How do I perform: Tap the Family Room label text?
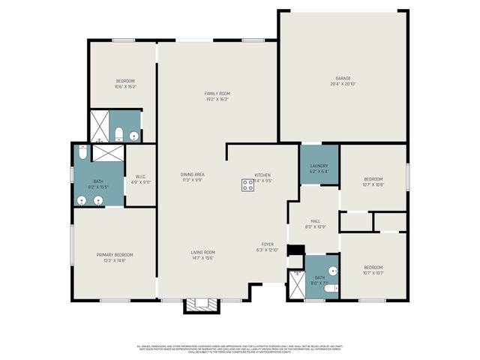(x=217, y=94)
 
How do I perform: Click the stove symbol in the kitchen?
(x=247, y=185)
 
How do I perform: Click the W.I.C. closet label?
(x=141, y=177)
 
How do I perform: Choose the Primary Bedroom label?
(x=114, y=255)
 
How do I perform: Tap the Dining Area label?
(x=193, y=175)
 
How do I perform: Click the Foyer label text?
(x=267, y=244)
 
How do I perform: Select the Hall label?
(x=316, y=221)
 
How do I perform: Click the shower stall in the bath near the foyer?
(x=296, y=281)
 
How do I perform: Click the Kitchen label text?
(x=262, y=175)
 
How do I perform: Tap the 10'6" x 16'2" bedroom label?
(x=124, y=81)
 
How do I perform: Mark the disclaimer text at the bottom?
(x=240, y=349)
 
